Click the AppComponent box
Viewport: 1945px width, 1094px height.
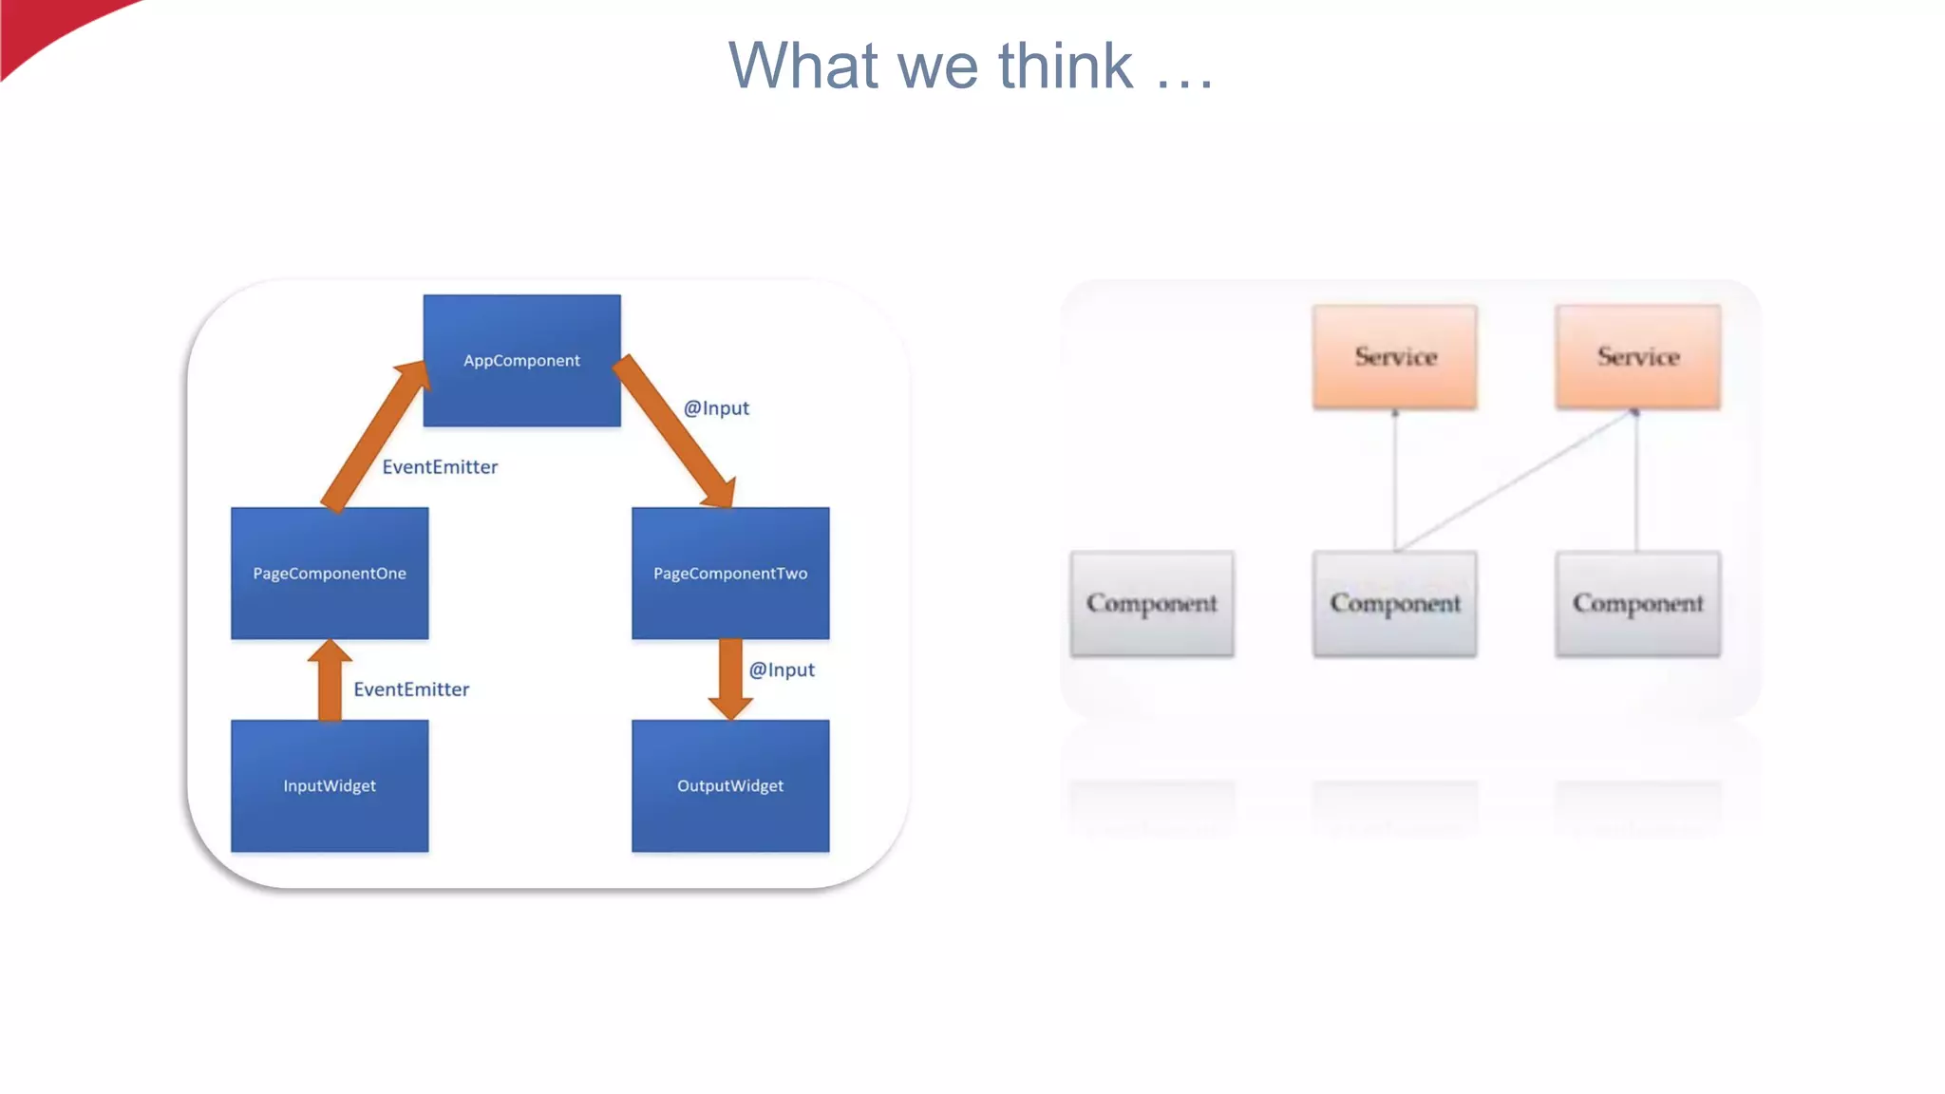point(521,360)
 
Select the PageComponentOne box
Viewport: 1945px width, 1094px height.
point(330,573)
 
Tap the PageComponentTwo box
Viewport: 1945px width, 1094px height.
point(730,573)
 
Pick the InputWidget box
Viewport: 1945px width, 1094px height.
point(330,785)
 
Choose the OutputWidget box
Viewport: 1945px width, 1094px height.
point(730,785)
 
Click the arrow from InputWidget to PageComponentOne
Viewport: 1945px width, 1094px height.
point(330,680)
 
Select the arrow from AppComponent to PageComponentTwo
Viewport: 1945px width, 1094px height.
point(676,432)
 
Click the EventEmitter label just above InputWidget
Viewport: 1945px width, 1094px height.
point(411,689)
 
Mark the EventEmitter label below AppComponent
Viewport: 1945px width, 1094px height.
point(440,467)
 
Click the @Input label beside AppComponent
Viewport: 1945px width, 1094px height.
point(716,408)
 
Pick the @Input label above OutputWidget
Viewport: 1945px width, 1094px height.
point(782,670)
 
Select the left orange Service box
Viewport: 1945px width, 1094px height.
point(1394,357)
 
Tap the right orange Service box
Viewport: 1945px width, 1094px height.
point(1637,357)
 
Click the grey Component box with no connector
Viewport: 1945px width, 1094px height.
point(1152,603)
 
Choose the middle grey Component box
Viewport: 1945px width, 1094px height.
point(1394,603)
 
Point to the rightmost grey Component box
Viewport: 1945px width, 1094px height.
point(1637,603)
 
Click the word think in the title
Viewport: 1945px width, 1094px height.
point(1065,66)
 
